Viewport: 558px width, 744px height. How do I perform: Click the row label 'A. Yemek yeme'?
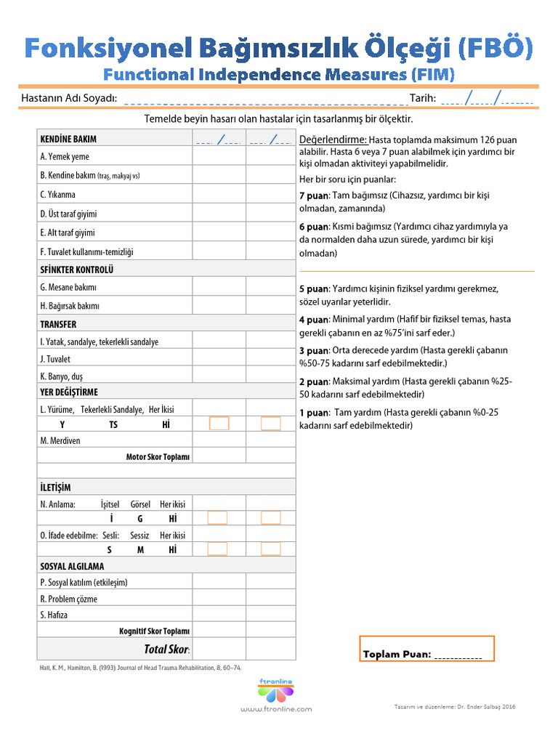point(65,157)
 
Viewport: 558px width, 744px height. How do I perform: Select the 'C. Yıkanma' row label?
point(58,195)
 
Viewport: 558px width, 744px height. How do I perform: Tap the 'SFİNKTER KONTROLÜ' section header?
point(77,270)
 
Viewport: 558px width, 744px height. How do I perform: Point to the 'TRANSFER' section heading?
point(58,324)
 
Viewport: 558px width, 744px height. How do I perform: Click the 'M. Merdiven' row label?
point(60,440)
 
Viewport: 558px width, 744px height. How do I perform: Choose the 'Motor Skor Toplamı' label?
point(158,457)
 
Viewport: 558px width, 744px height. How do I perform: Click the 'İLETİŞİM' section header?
point(55,487)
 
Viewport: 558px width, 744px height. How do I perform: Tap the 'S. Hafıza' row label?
point(54,615)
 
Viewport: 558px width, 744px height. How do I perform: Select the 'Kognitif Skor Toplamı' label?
point(154,631)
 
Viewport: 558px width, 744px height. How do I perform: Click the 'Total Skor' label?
point(166,649)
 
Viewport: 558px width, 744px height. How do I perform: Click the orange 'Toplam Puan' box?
point(426,648)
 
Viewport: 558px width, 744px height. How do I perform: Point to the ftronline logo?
point(275,690)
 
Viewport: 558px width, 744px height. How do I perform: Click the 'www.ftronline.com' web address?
point(275,709)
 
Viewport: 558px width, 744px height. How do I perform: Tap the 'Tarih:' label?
point(422,99)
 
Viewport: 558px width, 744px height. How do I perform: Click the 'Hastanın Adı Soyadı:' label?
point(69,99)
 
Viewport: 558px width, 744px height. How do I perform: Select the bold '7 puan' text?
point(314,196)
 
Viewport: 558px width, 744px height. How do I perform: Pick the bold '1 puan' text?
point(314,413)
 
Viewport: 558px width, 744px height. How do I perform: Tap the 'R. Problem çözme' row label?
point(68,599)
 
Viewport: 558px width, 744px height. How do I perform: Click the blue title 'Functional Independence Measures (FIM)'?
point(279,74)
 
